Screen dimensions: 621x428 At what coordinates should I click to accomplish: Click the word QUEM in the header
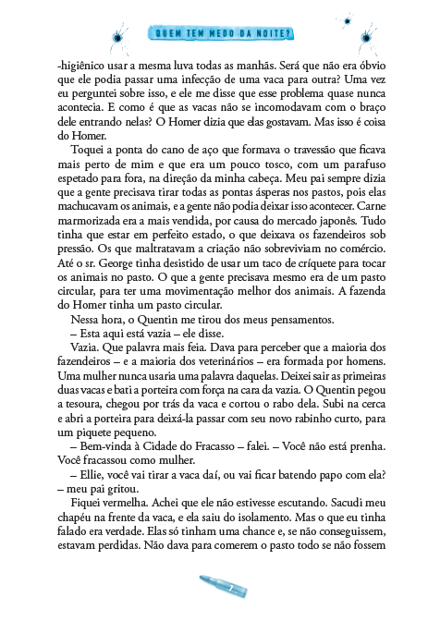[x=170, y=36]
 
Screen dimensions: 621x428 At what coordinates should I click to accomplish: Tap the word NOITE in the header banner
[x=272, y=36]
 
